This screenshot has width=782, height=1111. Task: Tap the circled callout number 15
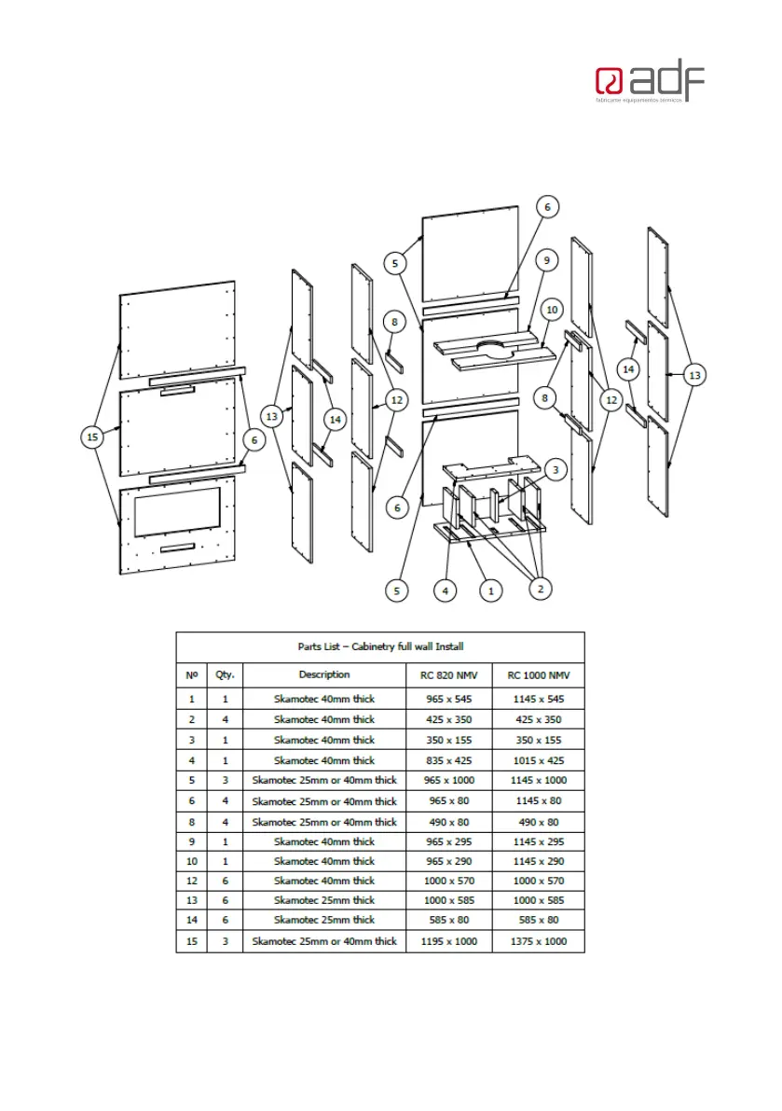91,437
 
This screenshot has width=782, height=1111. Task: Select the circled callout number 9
547,262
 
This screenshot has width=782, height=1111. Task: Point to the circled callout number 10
552,309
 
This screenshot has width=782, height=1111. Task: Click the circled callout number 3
555,469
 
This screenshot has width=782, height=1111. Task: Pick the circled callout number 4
446,590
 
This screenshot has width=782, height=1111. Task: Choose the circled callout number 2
538,588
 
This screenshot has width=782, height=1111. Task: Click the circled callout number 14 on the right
629,369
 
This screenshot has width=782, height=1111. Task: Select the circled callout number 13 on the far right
694,375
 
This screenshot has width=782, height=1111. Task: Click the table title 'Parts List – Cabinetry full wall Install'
380,646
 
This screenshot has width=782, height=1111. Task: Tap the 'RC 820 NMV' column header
449,674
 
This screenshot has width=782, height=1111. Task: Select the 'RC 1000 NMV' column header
538,674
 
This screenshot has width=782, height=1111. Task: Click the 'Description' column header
324,674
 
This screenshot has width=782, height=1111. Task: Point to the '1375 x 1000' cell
538,941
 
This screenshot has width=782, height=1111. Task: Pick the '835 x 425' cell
449,760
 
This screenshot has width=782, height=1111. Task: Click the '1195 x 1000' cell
449,941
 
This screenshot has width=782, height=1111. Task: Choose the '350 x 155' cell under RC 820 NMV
449,740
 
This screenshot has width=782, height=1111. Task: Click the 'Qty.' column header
225,674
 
